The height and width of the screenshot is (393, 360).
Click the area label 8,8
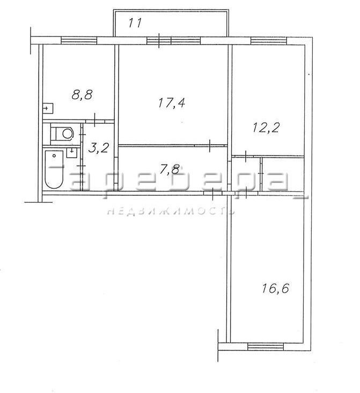click(x=82, y=95)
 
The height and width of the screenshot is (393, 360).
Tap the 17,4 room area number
click(x=172, y=103)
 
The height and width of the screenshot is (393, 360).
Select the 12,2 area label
click(x=266, y=128)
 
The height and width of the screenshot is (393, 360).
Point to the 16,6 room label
click(x=275, y=288)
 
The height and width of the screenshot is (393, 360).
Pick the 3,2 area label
click(x=98, y=149)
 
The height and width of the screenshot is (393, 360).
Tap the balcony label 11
click(x=135, y=23)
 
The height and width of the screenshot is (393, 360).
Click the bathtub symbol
click(x=54, y=169)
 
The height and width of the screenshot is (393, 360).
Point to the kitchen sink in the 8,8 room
click(x=48, y=108)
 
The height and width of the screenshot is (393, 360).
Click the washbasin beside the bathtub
click(x=72, y=152)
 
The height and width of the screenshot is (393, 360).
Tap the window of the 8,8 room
click(x=79, y=40)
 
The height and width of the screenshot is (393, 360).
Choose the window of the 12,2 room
click(x=269, y=40)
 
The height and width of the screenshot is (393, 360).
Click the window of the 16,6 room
click(x=266, y=347)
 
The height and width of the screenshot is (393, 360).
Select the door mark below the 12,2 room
click(x=246, y=157)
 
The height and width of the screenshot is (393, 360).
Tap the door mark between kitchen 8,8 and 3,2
click(x=95, y=121)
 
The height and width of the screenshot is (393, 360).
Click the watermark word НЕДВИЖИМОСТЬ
click(x=171, y=212)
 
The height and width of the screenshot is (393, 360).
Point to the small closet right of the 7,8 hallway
click(x=283, y=174)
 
